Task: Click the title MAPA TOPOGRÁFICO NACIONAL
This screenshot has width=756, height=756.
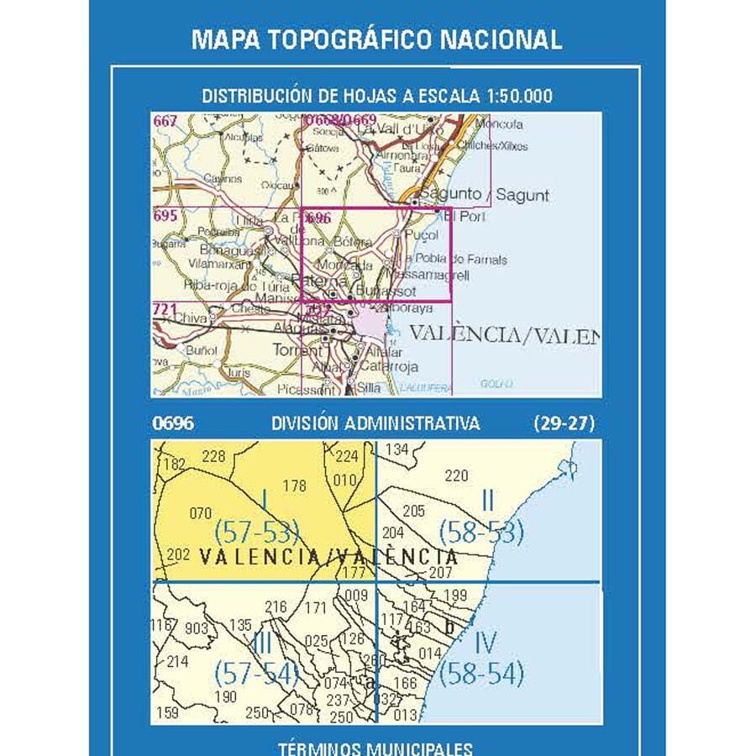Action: pyautogui.click(x=377, y=39)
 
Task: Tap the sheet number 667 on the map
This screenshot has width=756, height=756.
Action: pyautogui.click(x=165, y=122)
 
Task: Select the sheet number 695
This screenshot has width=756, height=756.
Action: pyautogui.click(x=165, y=217)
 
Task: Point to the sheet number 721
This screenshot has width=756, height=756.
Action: pyautogui.click(x=165, y=311)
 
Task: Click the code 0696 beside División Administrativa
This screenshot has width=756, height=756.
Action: pyautogui.click(x=173, y=423)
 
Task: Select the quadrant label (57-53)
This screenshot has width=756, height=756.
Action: pyautogui.click(x=257, y=532)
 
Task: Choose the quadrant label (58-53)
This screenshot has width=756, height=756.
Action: pyautogui.click(x=481, y=532)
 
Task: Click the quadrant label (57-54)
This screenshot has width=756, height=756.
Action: pyautogui.click(x=257, y=673)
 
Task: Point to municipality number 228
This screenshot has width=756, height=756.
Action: pyautogui.click(x=215, y=456)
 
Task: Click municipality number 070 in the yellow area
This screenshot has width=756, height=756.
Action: pyautogui.click(x=201, y=512)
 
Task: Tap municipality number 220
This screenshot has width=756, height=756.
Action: pyautogui.click(x=455, y=476)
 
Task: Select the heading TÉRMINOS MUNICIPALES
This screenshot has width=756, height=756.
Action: pyautogui.click(x=377, y=748)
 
